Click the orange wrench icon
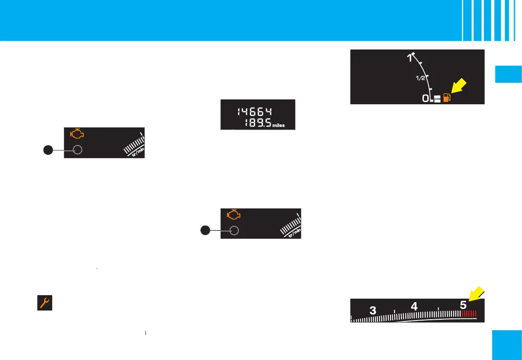44,303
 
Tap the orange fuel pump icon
447,97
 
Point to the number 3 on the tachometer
373,310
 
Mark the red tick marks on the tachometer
469,314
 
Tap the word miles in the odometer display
278,125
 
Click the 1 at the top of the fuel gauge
410,57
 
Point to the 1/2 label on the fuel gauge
420,78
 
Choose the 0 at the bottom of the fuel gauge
425,99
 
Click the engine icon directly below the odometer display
233,215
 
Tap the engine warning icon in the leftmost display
77,134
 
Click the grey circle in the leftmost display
78,150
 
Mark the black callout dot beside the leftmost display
48,150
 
